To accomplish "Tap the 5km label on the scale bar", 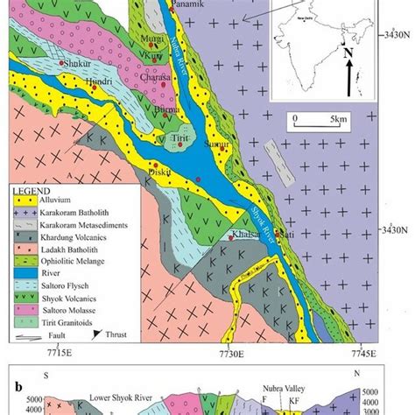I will click(337, 116).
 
